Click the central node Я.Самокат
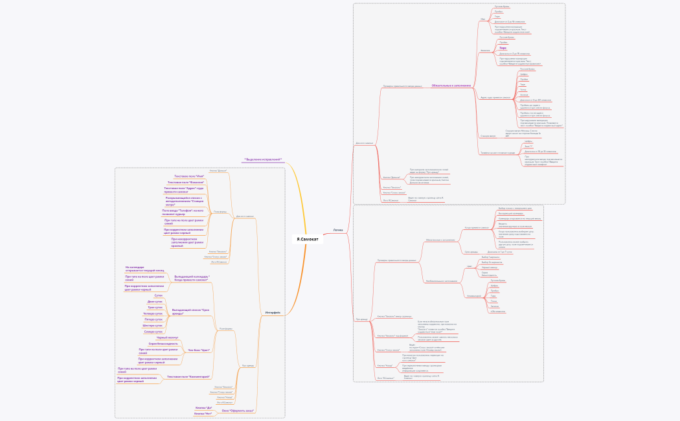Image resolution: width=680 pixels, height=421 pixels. (x=308, y=239)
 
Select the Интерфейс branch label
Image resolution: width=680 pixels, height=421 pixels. (x=273, y=312)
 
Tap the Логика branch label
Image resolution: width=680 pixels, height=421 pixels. (x=338, y=229)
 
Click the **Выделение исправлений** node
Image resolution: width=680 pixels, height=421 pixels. (x=263, y=159)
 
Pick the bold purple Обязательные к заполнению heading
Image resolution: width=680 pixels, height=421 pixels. (x=451, y=85)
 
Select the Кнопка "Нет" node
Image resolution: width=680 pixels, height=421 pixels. (x=203, y=413)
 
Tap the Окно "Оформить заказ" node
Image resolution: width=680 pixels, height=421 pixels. (x=238, y=410)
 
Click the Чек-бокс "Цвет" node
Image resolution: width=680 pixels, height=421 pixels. (x=199, y=350)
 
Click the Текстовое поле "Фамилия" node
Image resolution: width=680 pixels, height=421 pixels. (x=187, y=183)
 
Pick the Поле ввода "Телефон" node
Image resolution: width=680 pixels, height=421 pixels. (x=183, y=212)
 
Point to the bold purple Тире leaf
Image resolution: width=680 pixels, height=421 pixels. (x=503, y=48)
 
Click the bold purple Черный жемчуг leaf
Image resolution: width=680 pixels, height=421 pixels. (x=167, y=337)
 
